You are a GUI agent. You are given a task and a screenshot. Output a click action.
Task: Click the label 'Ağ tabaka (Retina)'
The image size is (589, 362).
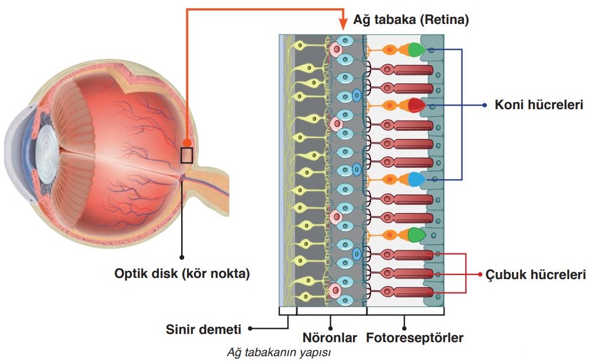411,20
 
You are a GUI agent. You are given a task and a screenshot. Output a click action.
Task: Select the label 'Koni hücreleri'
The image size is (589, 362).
539,106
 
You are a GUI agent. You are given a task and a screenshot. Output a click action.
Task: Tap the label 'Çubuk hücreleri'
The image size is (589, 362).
535,274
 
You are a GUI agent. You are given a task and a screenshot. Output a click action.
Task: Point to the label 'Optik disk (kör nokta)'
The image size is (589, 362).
182,273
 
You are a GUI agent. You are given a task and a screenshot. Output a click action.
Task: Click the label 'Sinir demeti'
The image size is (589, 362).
203,329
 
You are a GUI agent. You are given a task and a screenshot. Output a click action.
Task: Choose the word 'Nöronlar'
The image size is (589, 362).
330,337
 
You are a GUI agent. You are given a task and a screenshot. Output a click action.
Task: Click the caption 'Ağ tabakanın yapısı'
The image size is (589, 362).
279,353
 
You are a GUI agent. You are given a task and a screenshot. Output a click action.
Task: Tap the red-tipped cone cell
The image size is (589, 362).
415,106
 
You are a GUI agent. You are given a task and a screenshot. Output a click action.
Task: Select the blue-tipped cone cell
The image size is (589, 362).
415,179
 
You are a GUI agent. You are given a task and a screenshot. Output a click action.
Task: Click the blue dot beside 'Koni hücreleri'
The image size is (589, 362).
484,106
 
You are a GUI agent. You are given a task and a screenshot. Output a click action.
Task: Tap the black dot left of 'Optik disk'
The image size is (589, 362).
182,256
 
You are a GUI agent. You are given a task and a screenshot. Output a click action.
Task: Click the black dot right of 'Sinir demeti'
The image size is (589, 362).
250,329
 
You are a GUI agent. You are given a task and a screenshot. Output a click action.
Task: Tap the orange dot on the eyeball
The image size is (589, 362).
186,142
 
